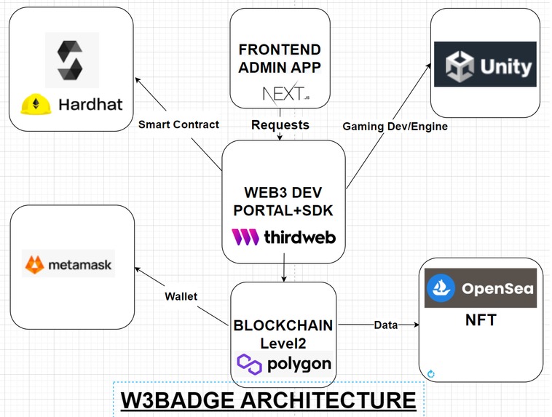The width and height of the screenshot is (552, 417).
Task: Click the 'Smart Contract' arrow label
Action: click(x=178, y=124)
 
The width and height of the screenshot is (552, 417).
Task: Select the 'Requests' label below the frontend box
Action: click(x=280, y=125)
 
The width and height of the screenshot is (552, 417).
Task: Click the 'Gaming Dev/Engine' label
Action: click(x=395, y=126)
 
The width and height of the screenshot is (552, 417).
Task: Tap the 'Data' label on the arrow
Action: click(x=386, y=325)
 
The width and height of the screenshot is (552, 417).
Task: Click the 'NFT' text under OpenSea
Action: click(x=480, y=319)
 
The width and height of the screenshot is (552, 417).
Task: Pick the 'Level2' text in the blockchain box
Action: click(x=284, y=342)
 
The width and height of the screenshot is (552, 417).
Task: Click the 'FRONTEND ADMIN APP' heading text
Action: click(x=280, y=59)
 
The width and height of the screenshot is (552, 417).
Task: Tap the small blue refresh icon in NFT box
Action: click(x=431, y=374)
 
